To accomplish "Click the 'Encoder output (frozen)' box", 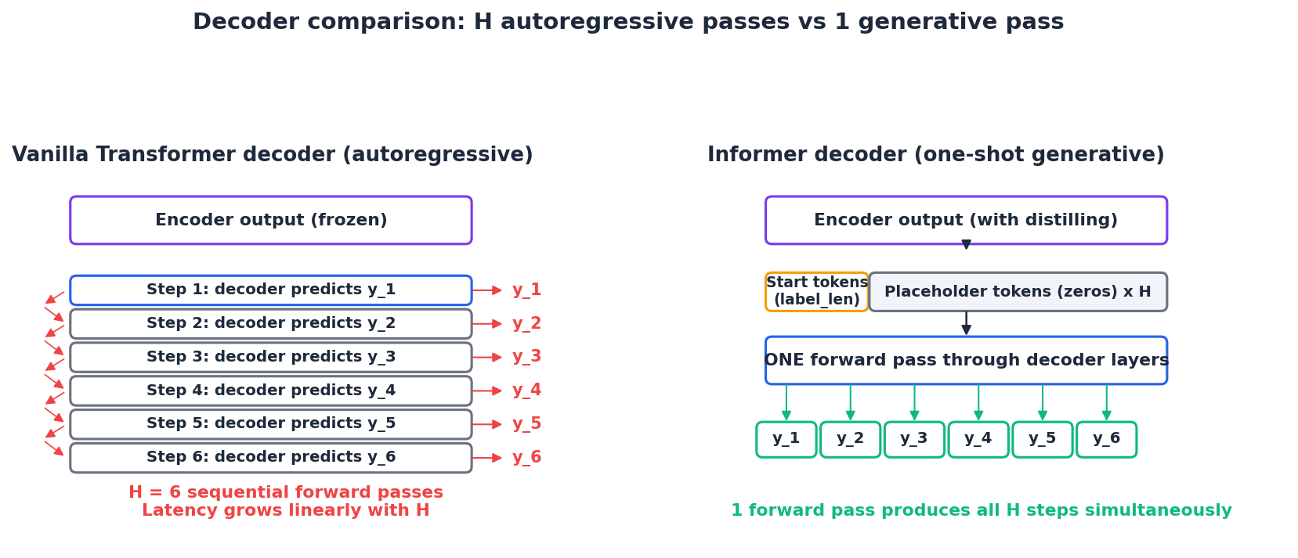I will [x=271, y=220].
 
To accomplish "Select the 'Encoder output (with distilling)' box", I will [x=966, y=220].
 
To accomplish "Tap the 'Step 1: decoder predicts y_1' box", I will [x=271, y=290].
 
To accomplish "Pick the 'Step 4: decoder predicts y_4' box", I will [x=271, y=391].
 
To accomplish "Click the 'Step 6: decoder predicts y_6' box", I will [x=271, y=458].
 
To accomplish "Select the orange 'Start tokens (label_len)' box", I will [x=817, y=292].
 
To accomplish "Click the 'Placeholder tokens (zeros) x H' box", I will [x=1018, y=292].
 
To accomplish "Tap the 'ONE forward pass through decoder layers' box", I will [x=966, y=361].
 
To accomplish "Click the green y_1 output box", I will [x=786, y=440].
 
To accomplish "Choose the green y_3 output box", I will [x=914, y=440].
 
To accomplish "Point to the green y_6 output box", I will [x=1106, y=440].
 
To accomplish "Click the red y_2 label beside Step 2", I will [x=526, y=324].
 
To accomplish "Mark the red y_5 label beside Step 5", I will [x=526, y=424].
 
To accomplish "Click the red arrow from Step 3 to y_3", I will [x=486, y=358].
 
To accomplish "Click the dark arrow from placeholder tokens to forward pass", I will [x=966, y=323].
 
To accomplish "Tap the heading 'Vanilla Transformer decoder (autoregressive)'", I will [x=272, y=155].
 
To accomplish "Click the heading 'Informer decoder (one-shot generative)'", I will [x=935, y=155].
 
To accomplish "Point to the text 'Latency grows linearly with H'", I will [x=285, y=511].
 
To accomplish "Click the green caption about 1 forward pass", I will [x=981, y=511].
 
